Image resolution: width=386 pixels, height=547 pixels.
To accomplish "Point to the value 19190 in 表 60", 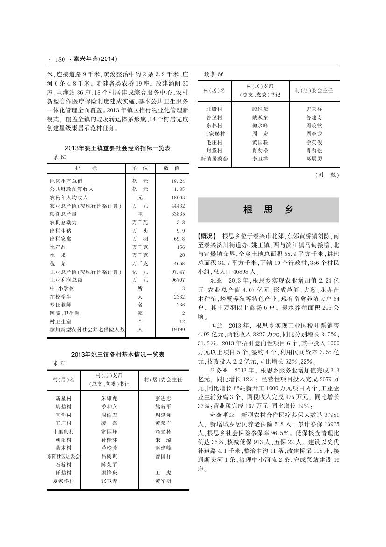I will (178, 329).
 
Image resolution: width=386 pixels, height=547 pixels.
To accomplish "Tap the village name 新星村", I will (63, 398).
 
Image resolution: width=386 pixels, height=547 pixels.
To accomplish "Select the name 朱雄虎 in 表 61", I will (109, 398).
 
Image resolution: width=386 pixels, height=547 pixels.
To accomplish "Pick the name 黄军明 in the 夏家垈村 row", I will (163, 481).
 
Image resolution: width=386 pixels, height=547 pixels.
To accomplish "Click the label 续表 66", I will (214, 74).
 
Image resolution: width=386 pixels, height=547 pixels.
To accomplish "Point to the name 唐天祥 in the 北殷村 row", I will (314, 109).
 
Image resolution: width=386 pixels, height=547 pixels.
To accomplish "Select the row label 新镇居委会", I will (214, 159).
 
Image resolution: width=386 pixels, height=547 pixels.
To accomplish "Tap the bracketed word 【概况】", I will (208, 236).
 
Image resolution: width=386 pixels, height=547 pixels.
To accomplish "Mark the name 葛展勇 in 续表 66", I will (314, 159).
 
